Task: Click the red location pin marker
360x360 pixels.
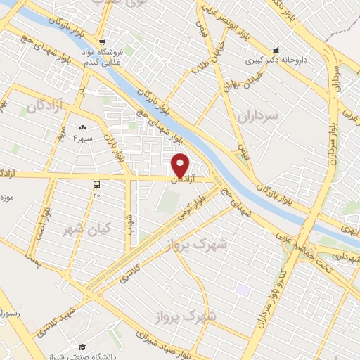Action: point(181,165)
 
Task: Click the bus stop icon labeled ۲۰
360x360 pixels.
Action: point(96,184)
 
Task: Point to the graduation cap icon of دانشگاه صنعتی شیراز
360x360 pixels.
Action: point(82,346)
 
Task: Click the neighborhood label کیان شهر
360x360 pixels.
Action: point(82,229)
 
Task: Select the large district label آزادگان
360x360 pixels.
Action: point(46,105)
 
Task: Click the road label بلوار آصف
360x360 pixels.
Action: point(46,219)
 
